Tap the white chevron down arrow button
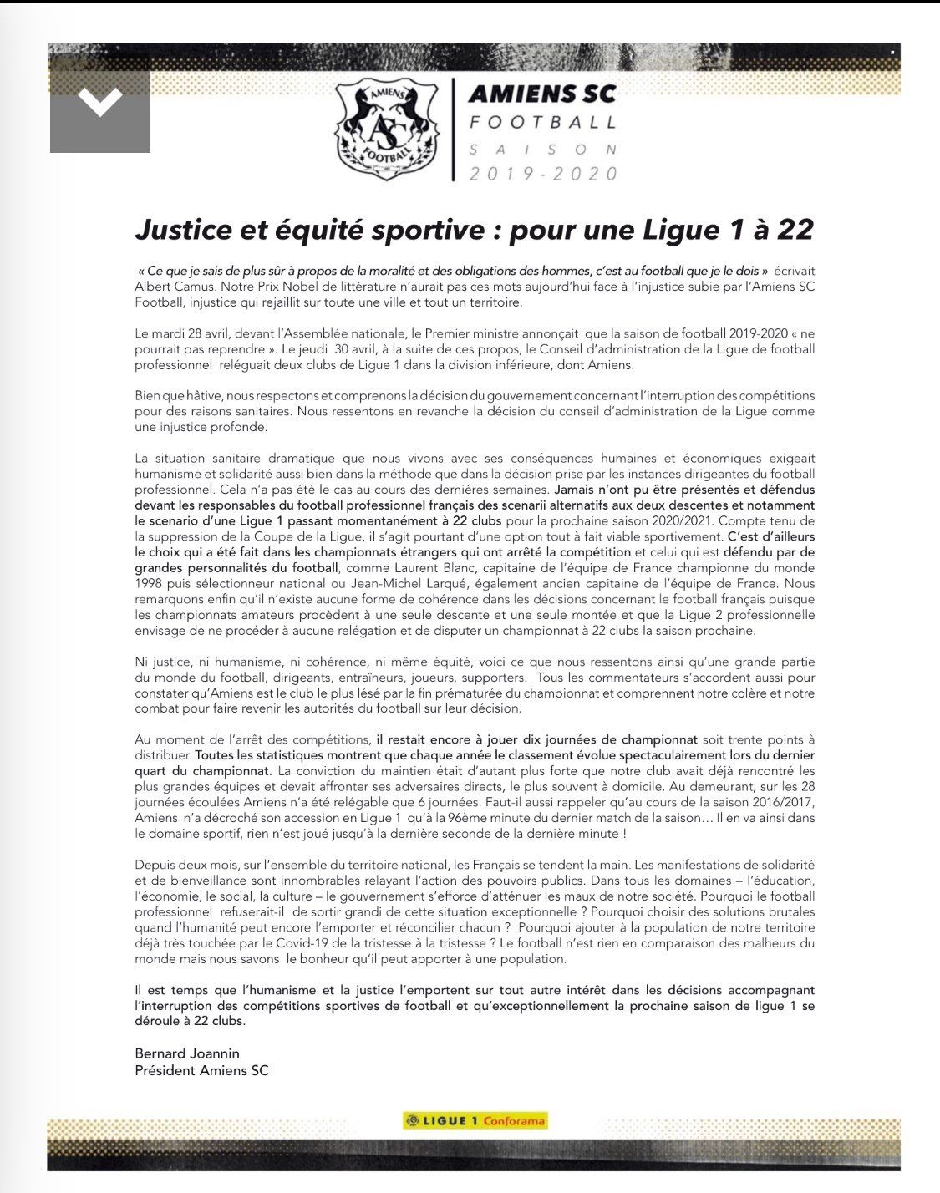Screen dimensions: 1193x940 click(x=99, y=102)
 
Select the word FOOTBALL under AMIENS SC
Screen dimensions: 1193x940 click(x=543, y=122)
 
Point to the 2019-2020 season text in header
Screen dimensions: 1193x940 click(x=543, y=174)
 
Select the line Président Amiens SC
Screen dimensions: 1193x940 click(x=201, y=1069)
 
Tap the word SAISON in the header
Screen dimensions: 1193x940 click(x=543, y=150)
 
